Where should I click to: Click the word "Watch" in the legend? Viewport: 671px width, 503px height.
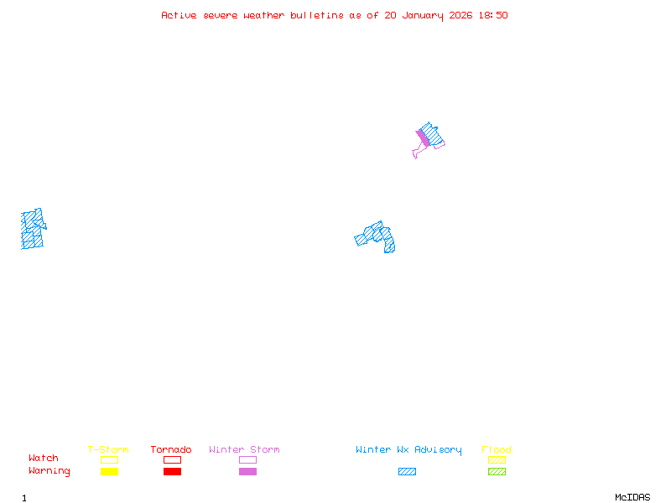pos(44,459)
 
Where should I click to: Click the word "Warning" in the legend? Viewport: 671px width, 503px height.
pos(49,471)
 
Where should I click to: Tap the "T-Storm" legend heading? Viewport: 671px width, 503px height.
pos(108,450)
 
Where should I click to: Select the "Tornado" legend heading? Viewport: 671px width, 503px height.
pos(171,450)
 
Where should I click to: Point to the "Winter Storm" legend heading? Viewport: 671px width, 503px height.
pos(244,450)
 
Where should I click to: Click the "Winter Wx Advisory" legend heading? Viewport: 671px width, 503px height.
pos(408,450)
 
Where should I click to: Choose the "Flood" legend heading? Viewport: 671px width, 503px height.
pos(497,450)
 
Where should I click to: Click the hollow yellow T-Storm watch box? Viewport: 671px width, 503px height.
pos(109,459)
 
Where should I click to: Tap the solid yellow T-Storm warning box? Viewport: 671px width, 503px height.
pos(109,472)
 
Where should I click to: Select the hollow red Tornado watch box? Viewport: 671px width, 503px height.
pos(172,459)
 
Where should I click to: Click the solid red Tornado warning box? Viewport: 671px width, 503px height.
pos(172,472)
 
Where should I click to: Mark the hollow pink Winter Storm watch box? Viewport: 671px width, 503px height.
pos(247,459)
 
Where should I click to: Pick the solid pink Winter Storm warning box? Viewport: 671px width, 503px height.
pos(247,472)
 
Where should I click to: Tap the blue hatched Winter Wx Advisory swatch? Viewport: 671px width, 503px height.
pos(407,472)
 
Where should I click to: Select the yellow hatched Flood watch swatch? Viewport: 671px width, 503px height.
pos(497,459)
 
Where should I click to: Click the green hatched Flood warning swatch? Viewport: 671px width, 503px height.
pos(497,472)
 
